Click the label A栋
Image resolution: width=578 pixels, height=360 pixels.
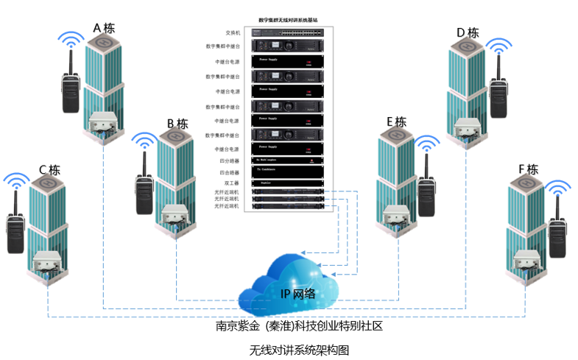[104, 29]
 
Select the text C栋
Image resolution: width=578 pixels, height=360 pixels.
[50, 170]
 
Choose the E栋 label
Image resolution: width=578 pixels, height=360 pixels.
[396, 122]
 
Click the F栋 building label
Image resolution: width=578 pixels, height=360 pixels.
[528, 169]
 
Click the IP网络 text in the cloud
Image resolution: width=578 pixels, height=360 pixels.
[298, 293]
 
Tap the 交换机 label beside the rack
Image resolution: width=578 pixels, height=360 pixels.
[233, 32]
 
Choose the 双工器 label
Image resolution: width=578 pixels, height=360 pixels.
[231, 183]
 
